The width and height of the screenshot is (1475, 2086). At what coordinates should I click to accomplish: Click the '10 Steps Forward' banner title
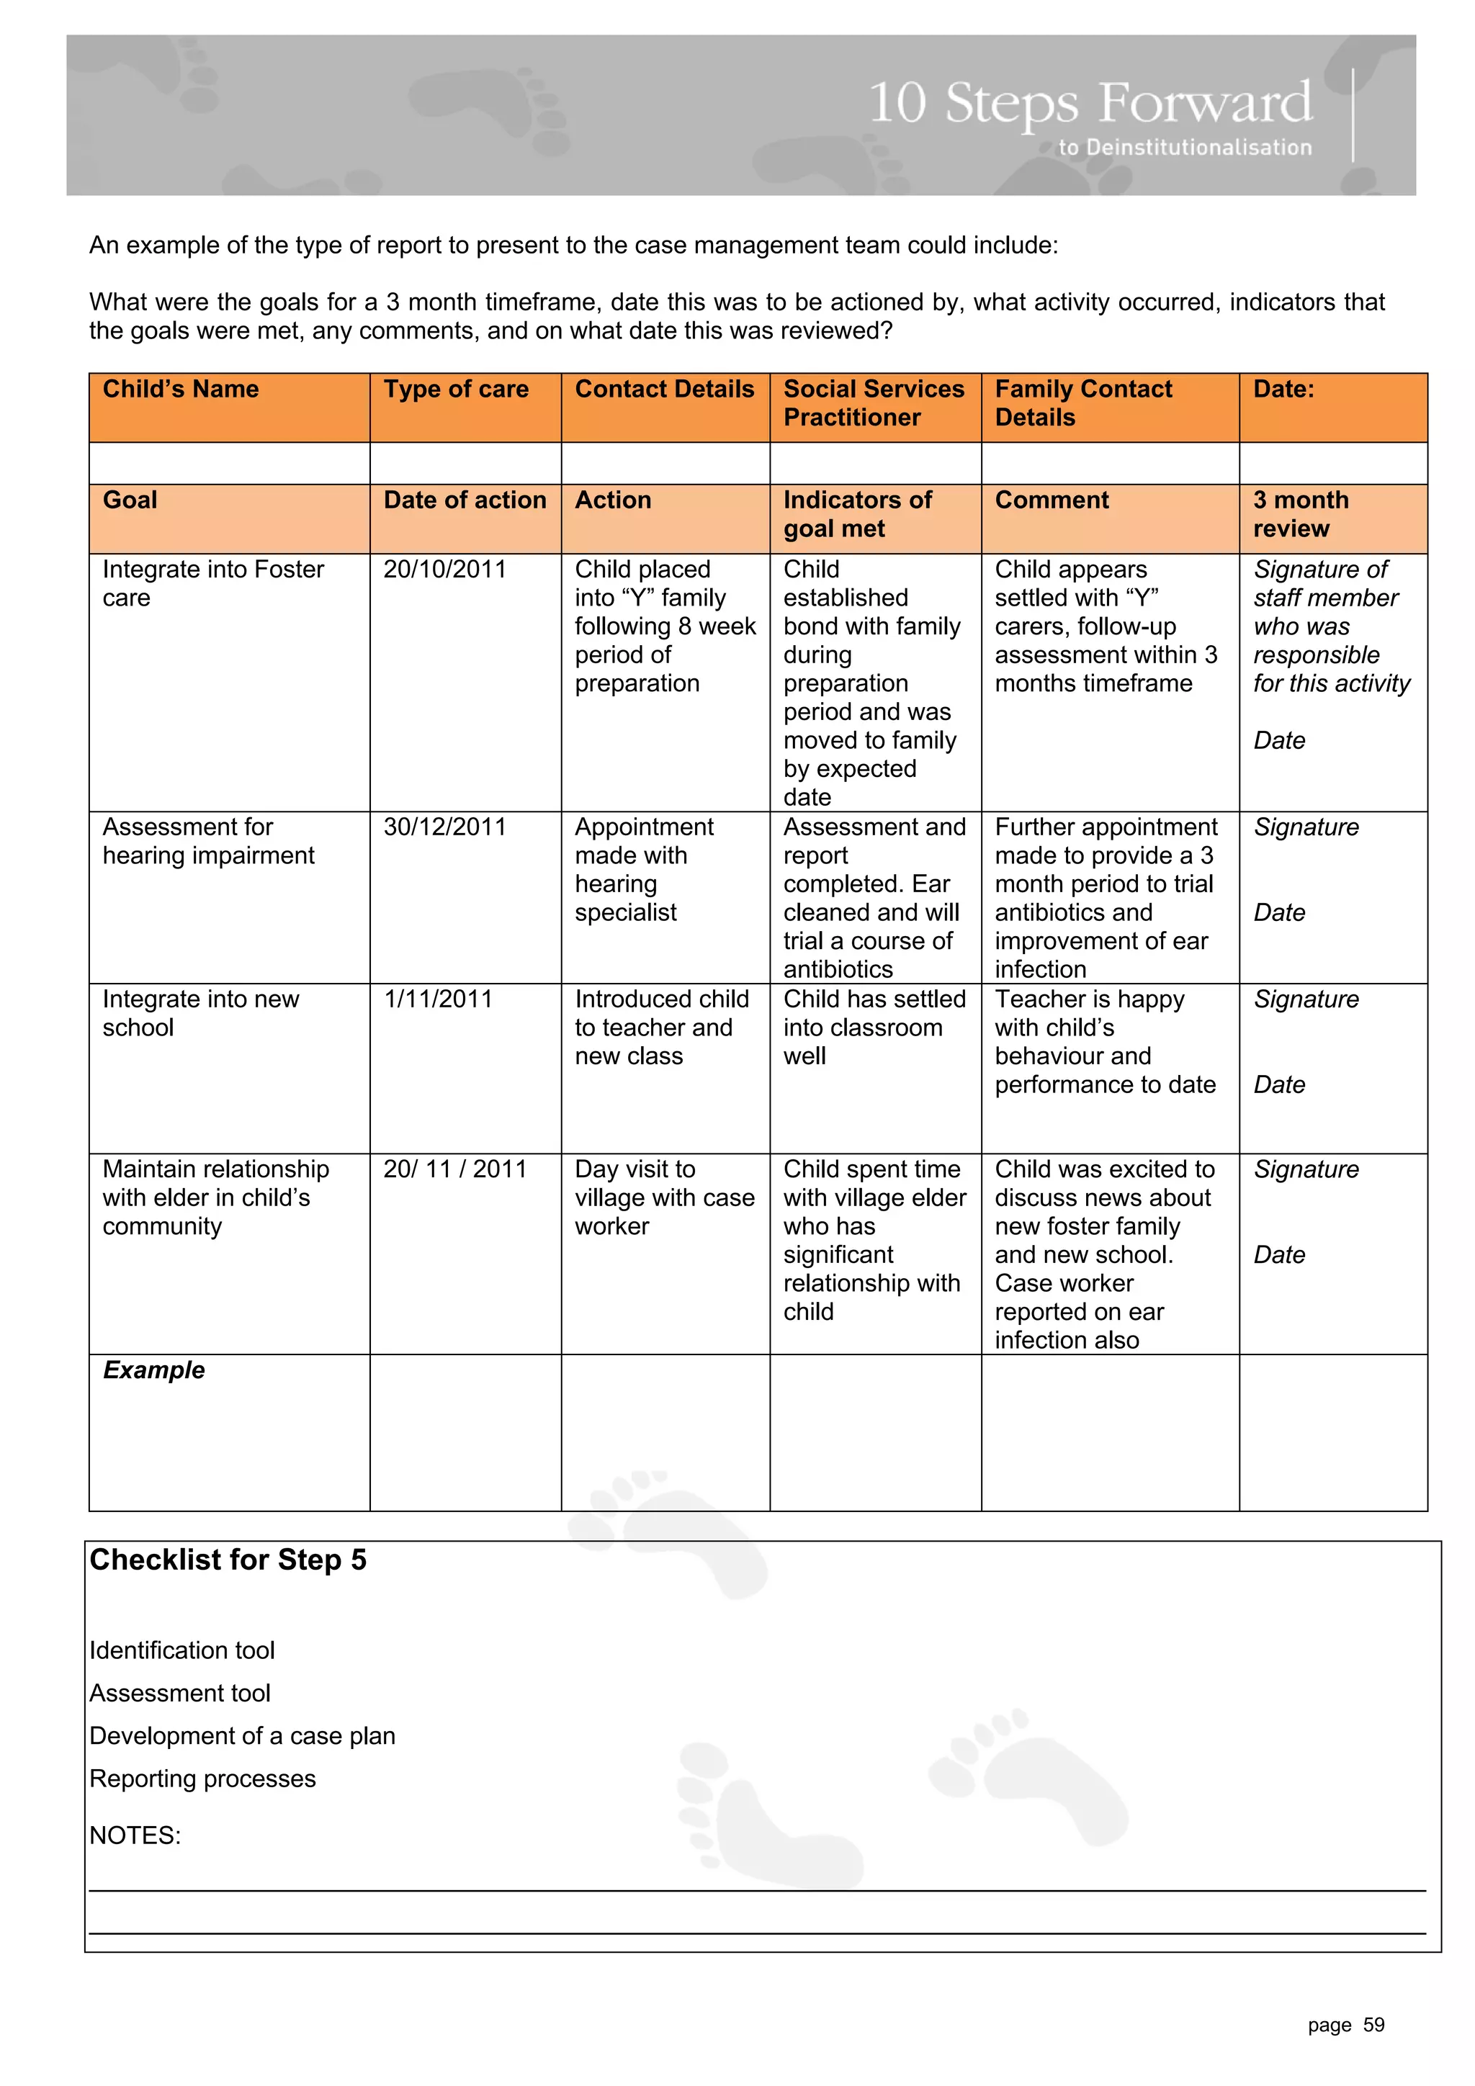pos(1090,103)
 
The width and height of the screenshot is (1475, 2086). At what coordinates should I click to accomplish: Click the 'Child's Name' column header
pos(180,389)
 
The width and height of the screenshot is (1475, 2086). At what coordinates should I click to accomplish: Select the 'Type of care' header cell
pos(455,389)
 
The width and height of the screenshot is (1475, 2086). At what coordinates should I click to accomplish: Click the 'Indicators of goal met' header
pos(857,513)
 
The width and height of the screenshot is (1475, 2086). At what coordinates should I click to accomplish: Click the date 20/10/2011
pos(444,569)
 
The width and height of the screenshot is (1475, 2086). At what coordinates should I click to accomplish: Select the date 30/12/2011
pos(444,827)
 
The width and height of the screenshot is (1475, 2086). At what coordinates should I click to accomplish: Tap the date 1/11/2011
pos(438,999)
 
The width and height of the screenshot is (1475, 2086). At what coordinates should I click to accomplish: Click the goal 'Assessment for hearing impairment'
pos(208,840)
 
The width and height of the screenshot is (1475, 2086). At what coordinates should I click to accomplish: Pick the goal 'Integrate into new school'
pos(200,1012)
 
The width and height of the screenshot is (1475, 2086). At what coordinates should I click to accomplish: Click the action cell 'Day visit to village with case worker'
pos(663,1197)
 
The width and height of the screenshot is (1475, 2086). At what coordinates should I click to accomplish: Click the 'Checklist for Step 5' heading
pos(228,1559)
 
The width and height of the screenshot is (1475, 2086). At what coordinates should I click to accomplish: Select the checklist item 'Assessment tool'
pos(180,1693)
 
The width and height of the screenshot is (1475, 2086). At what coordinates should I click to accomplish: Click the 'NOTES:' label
pos(135,1835)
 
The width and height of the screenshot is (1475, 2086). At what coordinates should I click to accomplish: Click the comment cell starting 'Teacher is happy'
pos(1104,1041)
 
